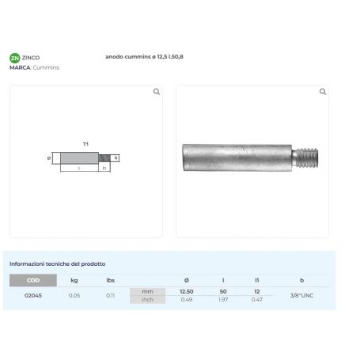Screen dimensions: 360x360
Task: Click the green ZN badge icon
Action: [x=14, y=58]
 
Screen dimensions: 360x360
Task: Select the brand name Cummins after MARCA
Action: [x=46, y=67]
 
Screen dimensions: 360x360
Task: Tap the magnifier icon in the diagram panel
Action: [x=156, y=92]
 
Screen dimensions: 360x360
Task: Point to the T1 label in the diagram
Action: [x=85, y=145]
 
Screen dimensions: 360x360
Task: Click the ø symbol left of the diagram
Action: [x=49, y=157]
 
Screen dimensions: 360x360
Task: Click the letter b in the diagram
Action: [x=116, y=157]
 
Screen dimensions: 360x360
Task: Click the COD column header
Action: [x=33, y=280]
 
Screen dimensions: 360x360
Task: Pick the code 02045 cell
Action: [x=33, y=295]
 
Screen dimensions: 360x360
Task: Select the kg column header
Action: [x=74, y=280]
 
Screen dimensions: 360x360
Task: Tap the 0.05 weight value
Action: [x=74, y=295]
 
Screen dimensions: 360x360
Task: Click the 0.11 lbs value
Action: [x=111, y=295]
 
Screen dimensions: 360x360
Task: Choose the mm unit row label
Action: [x=147, y=291]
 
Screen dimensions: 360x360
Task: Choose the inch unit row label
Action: [x=147, y=299]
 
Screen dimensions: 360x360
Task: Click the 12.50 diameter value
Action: [x=187, y=291]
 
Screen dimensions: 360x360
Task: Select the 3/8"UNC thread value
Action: [x=301, y=295]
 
